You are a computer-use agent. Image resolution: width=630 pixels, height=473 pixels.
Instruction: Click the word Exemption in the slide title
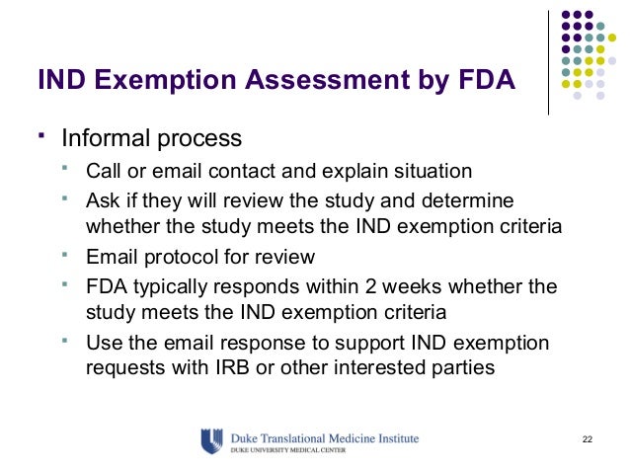tap(172, 78)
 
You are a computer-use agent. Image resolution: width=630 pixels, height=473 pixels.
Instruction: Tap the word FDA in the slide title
tap(484, 78)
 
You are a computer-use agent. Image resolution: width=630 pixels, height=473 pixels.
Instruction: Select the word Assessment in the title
tap(337, 78)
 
